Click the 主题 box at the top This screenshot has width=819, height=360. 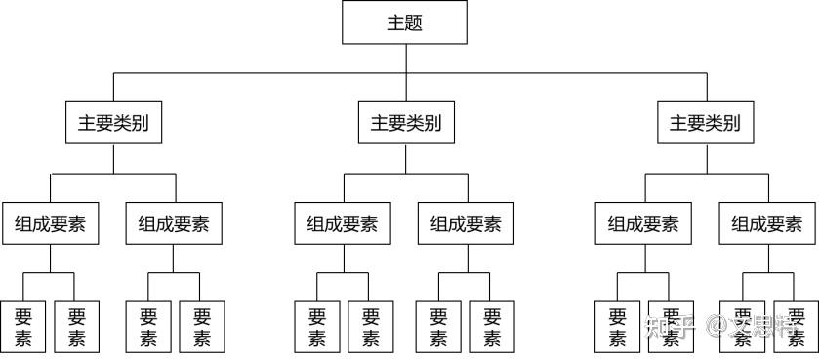404,22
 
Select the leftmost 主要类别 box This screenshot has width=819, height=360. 113,124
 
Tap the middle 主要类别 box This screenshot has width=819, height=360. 405,124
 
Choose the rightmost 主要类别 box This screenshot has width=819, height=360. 704,124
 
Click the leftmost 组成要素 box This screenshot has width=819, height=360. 50,224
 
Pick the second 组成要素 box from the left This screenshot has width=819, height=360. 174,224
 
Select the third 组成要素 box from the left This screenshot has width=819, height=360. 343,224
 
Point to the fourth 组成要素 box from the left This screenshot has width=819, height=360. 466,224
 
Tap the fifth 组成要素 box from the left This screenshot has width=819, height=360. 643,224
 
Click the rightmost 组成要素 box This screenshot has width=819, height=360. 767,224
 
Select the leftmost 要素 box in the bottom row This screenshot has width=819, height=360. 23,327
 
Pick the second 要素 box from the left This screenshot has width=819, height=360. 77,327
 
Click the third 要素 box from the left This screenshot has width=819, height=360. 148,327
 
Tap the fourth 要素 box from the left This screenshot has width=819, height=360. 202,327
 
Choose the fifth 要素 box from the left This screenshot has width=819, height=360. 317,327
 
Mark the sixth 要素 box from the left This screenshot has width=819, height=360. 370,327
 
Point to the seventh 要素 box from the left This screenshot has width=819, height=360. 439,327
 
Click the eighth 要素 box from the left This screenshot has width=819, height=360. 492,327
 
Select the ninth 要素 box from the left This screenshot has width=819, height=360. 618,327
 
